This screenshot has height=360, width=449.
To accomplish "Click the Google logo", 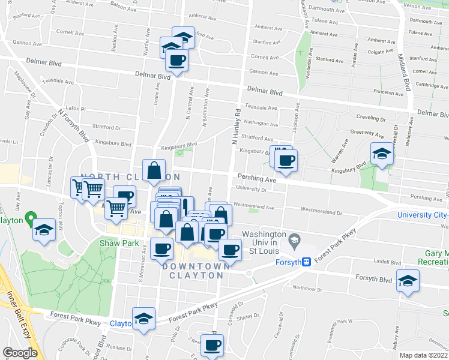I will pyautogui.click(x=20, y=353).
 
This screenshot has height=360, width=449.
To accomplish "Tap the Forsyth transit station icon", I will pyautogui.click(x=306, y=262).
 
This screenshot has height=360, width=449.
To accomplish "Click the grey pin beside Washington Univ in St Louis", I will pyautogui.click(x=294, y=241).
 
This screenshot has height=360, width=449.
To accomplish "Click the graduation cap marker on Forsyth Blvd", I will pyautogui.click(x=408, y=281).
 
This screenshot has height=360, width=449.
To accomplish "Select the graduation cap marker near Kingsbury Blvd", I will pyautogui.click(x=382, y=155).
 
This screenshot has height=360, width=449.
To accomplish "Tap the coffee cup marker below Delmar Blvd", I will pyautogui.click(x=177, y=60).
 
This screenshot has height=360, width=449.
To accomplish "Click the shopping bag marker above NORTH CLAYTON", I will pyautogui.click(x=154, y=170).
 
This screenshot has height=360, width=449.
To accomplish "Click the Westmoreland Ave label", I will pyautogui.click(x=253, y=205).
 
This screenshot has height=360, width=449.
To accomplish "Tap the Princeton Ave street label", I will pyautogui.click(x=388, y=93).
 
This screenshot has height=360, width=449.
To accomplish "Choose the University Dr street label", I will pyautogui.click(x=251, y=189).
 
